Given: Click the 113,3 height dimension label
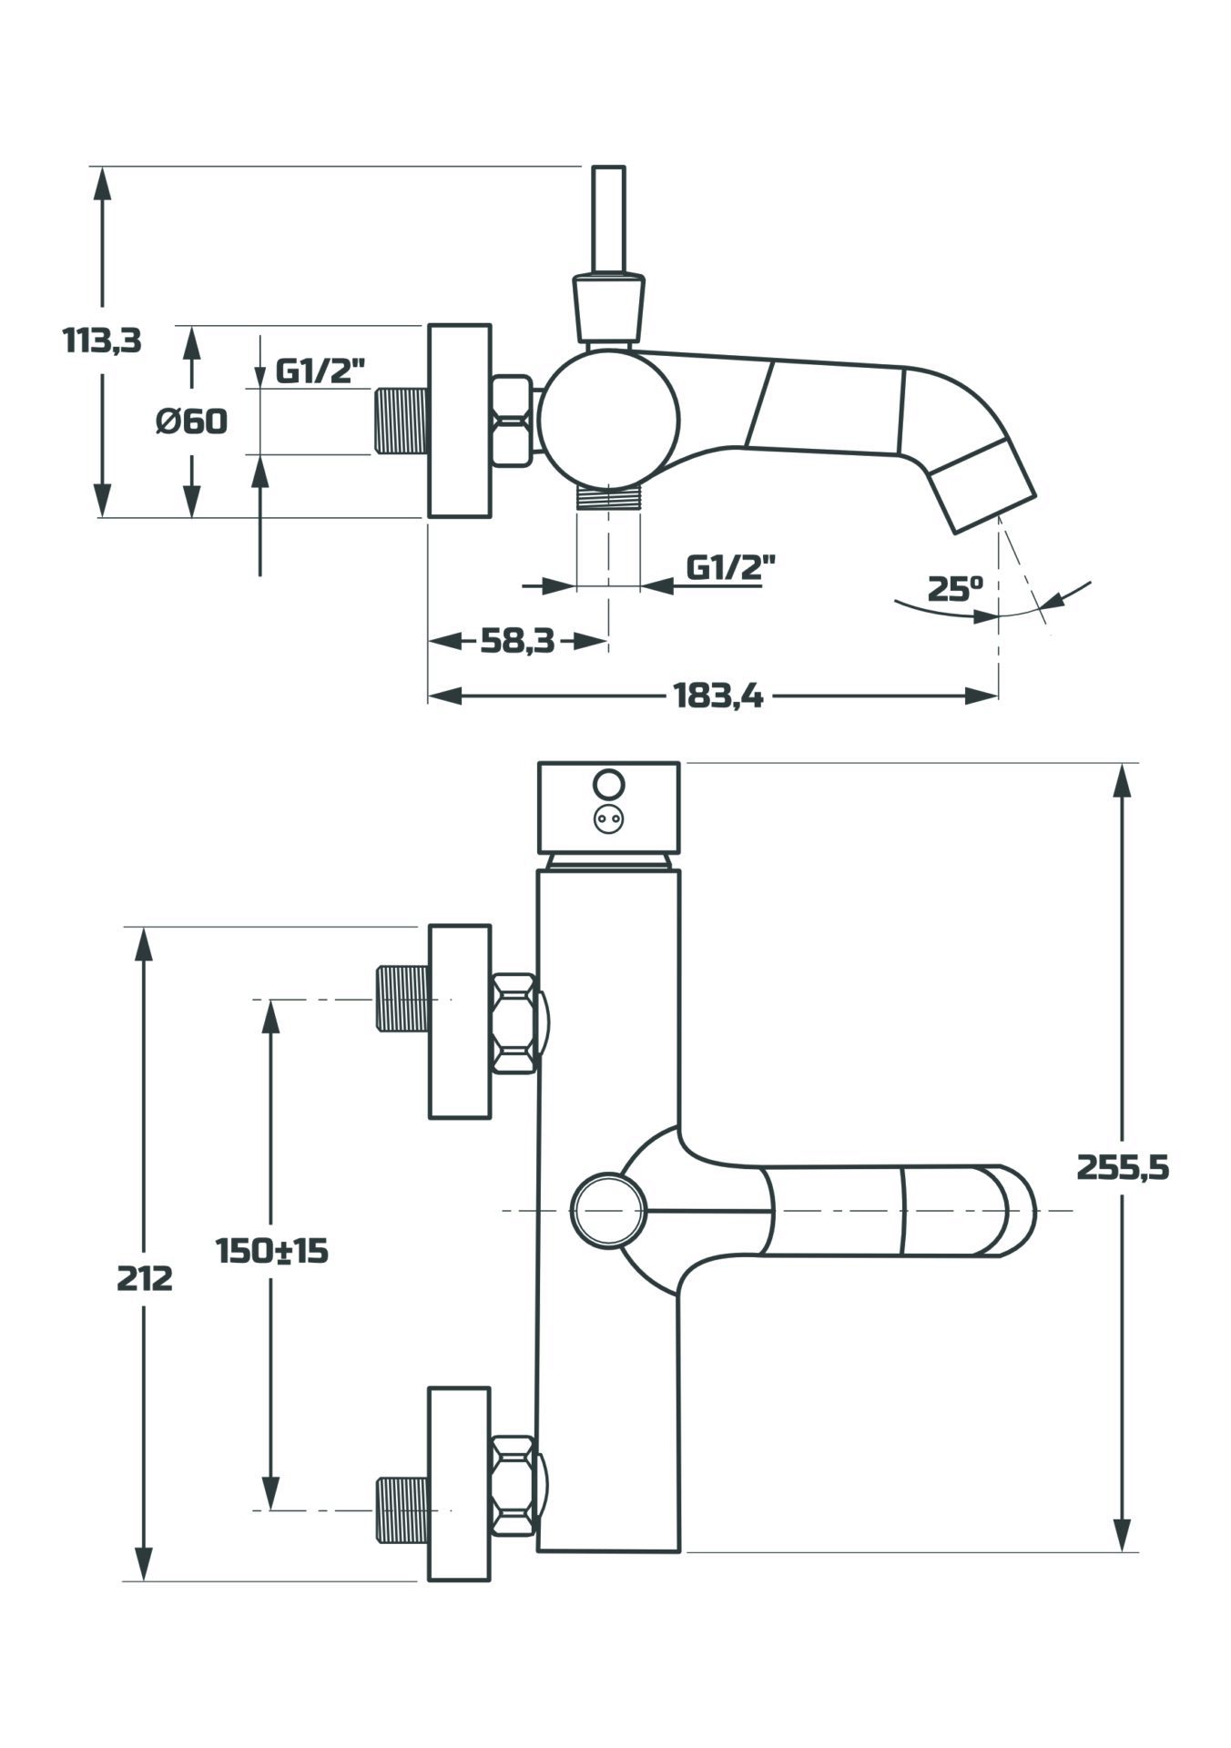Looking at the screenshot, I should tap(102, 340).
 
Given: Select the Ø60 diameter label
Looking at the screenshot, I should tap(191, 422).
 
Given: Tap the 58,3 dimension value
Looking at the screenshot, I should tap(517, 641).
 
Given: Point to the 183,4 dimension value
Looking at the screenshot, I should tap(718, 696).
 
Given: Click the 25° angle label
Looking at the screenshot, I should tap(955, 588).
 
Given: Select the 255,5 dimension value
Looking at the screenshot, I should tap(1123, 1166).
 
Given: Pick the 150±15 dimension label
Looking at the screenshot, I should tap(271, 1250).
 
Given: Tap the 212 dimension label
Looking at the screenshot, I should tap(144, 1278).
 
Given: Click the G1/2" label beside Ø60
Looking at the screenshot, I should tap(320, 371).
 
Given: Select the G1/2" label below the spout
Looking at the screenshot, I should tap(730, 567).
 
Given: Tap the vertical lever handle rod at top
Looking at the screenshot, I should tap(608, 218).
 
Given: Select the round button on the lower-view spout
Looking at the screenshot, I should tap(607, 1210).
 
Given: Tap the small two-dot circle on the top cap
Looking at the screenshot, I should tap(607, 819).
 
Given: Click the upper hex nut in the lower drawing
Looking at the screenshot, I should tap(513, 1023).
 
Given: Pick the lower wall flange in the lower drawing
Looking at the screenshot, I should tap(459, 1483).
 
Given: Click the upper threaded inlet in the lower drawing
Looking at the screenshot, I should tap(402, 999).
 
